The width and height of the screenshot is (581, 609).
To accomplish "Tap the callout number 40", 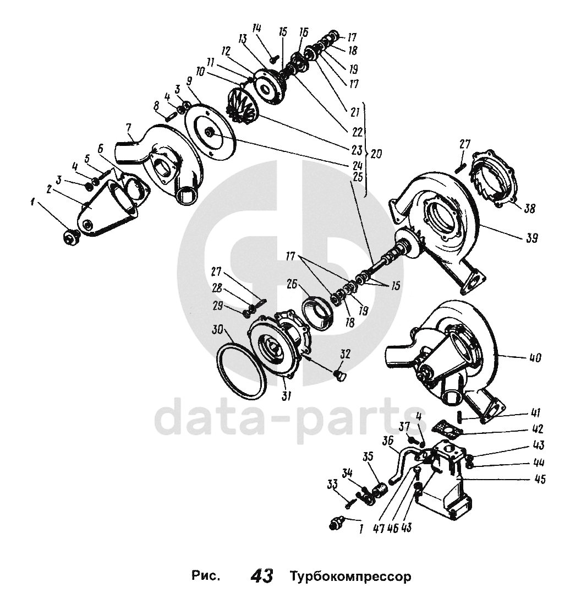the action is click(x=534, y=358).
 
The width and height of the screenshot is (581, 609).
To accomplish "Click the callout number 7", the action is click(x=129, y=129).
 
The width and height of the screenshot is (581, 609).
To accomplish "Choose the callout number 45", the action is click(x=540, y=479).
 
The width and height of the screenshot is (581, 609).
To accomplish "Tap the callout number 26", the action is click(x=293, y=285).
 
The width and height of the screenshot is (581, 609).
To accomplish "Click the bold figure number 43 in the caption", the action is click(x=261, y=577).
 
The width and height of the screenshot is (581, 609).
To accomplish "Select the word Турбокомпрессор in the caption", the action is click(x=350, y=578).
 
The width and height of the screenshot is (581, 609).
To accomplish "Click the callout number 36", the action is click(x=388, y=441).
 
